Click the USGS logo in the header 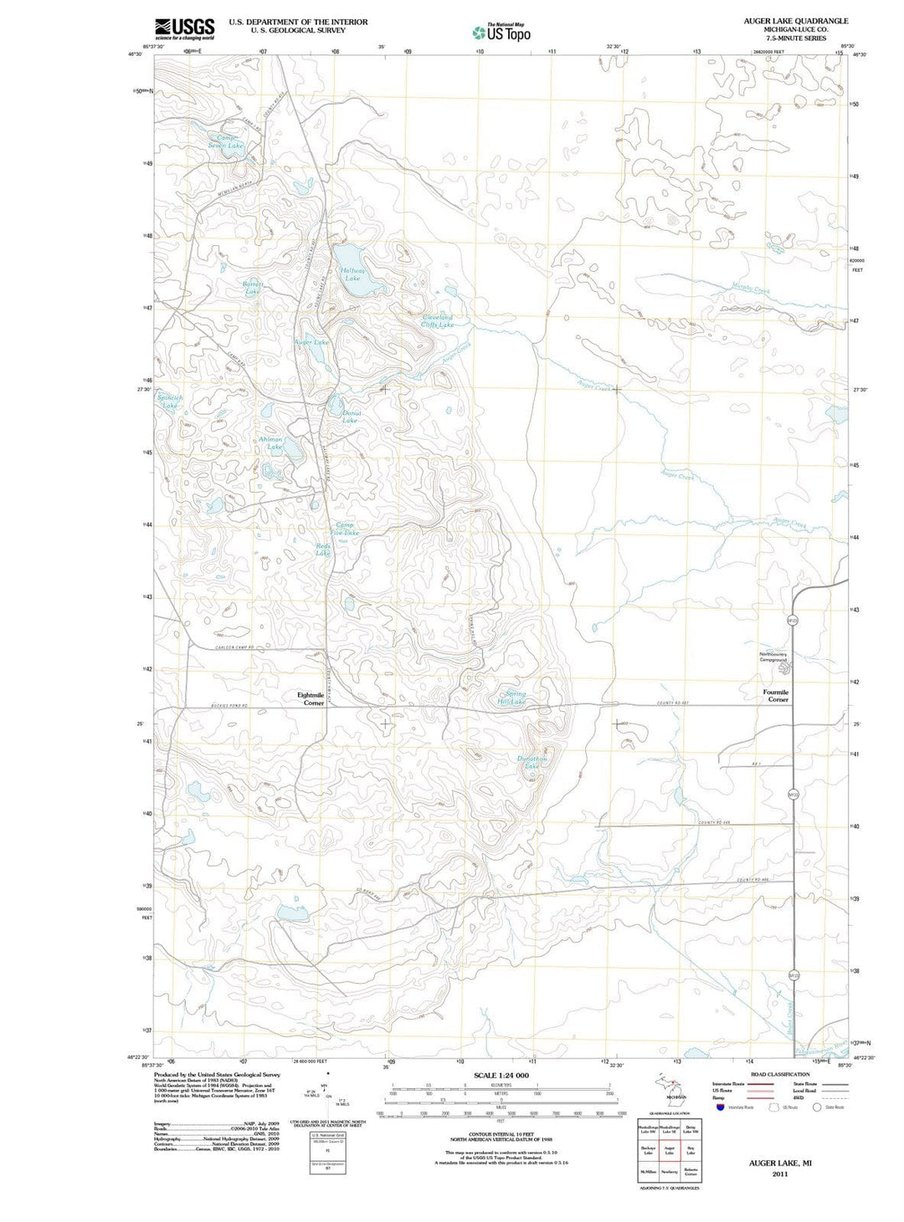(x=184, y=28)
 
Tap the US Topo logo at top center (x=501, y=33)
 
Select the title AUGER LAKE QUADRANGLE (x=795, y=20)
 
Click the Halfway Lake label (x=352, y=274)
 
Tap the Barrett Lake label (x=253, y=288)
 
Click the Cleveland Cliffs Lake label (x=437, y=320)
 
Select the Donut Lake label (x=350, y=417)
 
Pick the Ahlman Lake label (x=271, y=443)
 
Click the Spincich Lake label (x=170, y=401)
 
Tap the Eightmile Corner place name (x=311, y=698)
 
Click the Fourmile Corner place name (x=776, y=696)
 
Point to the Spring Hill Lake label (x=513, y=698)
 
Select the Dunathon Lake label (x=532, y=763)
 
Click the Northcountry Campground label (x=773, y=657)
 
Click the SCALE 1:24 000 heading (x=501, y=1075)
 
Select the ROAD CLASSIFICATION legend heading (x=779, y=1074)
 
